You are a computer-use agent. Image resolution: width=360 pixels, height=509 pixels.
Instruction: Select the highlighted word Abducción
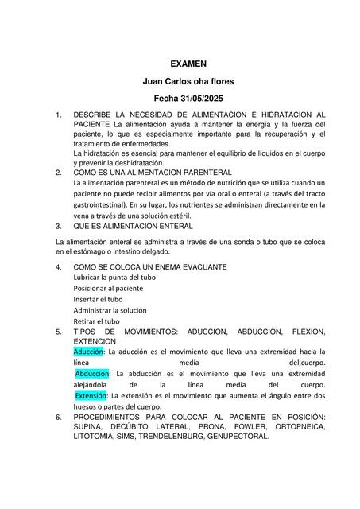pos(92,372)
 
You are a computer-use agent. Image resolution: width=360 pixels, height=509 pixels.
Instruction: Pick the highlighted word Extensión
pos(91,395)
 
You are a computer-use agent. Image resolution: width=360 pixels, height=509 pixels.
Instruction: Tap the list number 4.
pos(59,266)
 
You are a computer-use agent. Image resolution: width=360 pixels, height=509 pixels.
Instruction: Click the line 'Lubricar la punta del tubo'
pos(114,277)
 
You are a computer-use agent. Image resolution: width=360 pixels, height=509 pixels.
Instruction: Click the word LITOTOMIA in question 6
pos(95,437)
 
